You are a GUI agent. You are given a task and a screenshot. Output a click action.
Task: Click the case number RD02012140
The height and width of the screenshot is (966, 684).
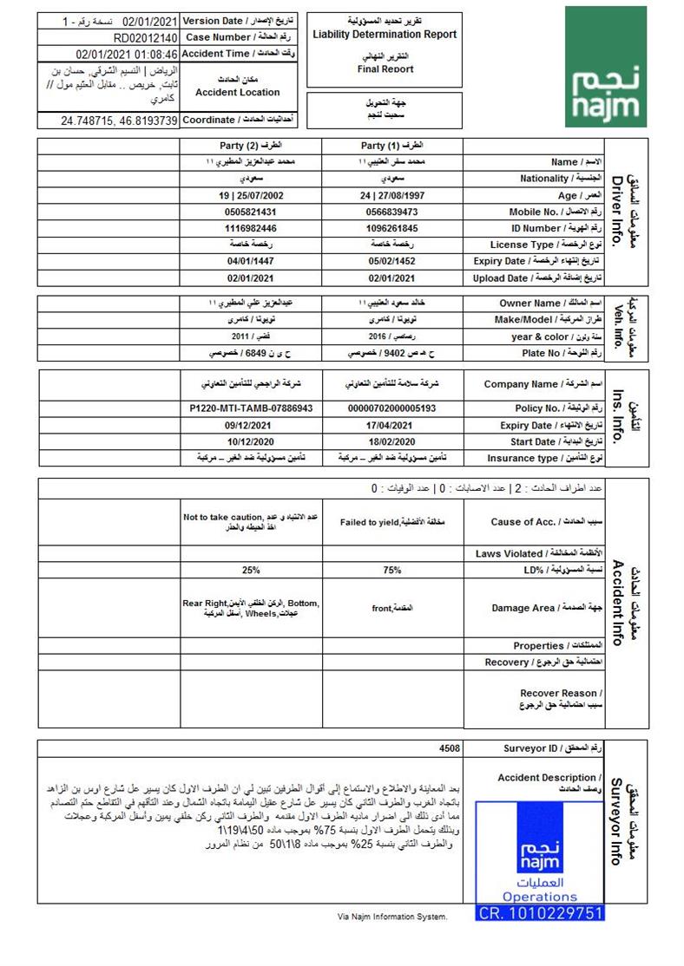[x=145, y=37]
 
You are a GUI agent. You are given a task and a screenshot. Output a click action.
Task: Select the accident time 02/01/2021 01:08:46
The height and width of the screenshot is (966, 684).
[x=127, y=54]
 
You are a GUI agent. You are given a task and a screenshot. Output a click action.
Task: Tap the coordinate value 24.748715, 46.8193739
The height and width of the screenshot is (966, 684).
[x=119, y=121]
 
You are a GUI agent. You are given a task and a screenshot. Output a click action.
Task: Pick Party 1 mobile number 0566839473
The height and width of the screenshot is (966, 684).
[x=392, y=212]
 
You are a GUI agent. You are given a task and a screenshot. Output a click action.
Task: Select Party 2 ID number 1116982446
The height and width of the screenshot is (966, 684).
[x=252, y=228]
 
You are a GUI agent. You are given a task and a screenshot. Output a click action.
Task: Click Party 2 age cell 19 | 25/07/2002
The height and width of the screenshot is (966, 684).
[x=252, y=195]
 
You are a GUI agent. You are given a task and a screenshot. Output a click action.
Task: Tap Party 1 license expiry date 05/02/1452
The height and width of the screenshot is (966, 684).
[x=392, y=261]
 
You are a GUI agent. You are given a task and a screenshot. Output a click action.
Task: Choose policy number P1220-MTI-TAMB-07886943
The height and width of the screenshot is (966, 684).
[x=252, y=408]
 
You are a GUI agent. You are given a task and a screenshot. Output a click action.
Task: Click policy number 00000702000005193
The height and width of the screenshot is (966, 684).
[x=392, y=408]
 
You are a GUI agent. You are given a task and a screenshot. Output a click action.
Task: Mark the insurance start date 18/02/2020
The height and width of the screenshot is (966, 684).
[x=392, y=441]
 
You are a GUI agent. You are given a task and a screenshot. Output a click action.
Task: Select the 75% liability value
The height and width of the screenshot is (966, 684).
[x=392, y=571]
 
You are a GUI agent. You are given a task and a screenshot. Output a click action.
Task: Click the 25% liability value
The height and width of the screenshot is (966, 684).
[x=252, y=571]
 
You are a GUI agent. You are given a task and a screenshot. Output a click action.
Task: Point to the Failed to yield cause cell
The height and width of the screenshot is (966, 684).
[x=392, y=522]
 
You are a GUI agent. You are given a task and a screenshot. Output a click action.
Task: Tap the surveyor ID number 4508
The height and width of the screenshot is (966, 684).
[x=450, y=747]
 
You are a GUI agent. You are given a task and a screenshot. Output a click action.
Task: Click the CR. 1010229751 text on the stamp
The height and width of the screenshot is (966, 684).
[x=540, y=912]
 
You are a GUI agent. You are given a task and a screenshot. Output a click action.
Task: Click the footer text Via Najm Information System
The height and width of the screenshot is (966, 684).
[x=392, y=917]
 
